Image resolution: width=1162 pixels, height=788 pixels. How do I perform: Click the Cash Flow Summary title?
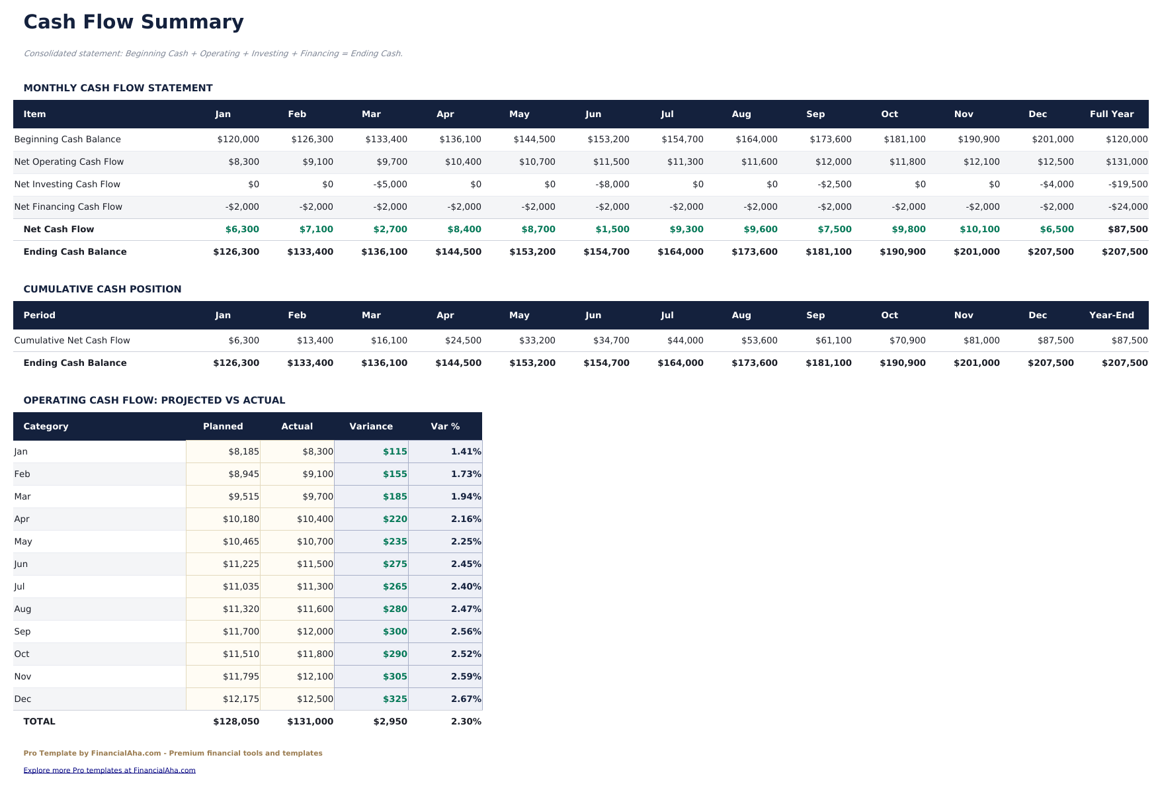tap(134, 22)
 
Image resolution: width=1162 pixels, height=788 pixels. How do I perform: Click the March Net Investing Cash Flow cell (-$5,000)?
tap(390, 185)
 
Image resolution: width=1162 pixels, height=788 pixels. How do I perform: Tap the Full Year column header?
tap(1111, 114)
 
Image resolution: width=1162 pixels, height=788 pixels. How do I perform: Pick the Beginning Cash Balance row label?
tap(67, 140)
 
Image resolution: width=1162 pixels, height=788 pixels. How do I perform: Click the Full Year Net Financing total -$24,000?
tap(1128, 207)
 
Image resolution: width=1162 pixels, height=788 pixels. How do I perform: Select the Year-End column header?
tap(1111, 316)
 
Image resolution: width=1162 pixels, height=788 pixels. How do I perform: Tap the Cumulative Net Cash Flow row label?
tap(72, 341)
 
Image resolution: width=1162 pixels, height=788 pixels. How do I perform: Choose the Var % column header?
tap(445, 427)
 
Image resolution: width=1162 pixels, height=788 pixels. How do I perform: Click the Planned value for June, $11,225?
tap(241, 564)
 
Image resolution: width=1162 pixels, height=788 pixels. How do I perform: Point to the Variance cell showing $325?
tap(395, 699)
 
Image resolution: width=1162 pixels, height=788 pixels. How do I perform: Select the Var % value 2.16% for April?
tap(466, 519)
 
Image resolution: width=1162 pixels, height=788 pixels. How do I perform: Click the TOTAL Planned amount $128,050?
tap(236, 722)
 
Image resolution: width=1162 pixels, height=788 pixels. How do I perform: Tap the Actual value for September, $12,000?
tap(315, 632)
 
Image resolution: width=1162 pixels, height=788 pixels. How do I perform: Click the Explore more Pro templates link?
tap(109, 770)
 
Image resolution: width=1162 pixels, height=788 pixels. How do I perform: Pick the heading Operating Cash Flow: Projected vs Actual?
tap(154, 400)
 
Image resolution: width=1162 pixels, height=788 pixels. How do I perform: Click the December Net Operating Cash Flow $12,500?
tap(1056, 162)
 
